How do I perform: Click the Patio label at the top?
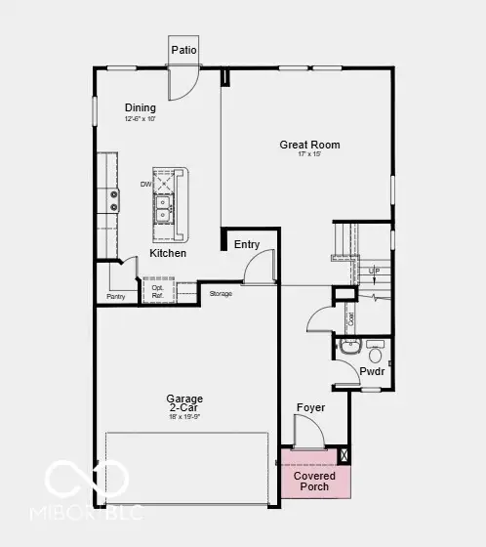click(183, 50)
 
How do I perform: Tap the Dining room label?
click(142, 107)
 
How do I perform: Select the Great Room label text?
click(309, 145)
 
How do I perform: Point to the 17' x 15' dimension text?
click(309, 156)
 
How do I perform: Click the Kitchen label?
click(167, 253)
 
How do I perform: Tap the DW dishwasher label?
click(144, 184)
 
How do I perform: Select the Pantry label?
click(116, 296)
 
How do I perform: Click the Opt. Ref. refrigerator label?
click(156, 291)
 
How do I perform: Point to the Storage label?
click(220, 293)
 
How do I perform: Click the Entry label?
click(247, 244)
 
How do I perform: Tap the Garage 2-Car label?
click(184, 403)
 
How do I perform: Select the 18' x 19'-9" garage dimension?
click(184, 418)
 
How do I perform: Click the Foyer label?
click(310, 407)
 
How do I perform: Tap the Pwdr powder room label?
click(372, 372)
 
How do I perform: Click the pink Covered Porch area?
click(314, 482)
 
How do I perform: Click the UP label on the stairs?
click(374, 271)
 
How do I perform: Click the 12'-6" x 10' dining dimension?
click(142, 118)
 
